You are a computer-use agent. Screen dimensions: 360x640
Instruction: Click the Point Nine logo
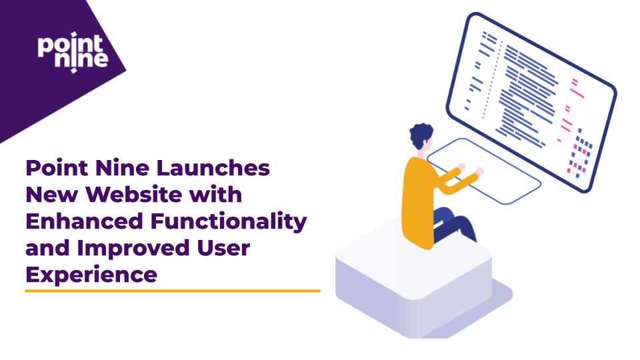click(x=72, y=51)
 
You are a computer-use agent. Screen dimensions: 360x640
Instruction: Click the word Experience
click(x=91, y=275)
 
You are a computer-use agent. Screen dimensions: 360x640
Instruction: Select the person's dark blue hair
click(x=422, y=136)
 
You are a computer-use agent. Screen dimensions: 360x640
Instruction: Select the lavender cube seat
click(x=413, y=280)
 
